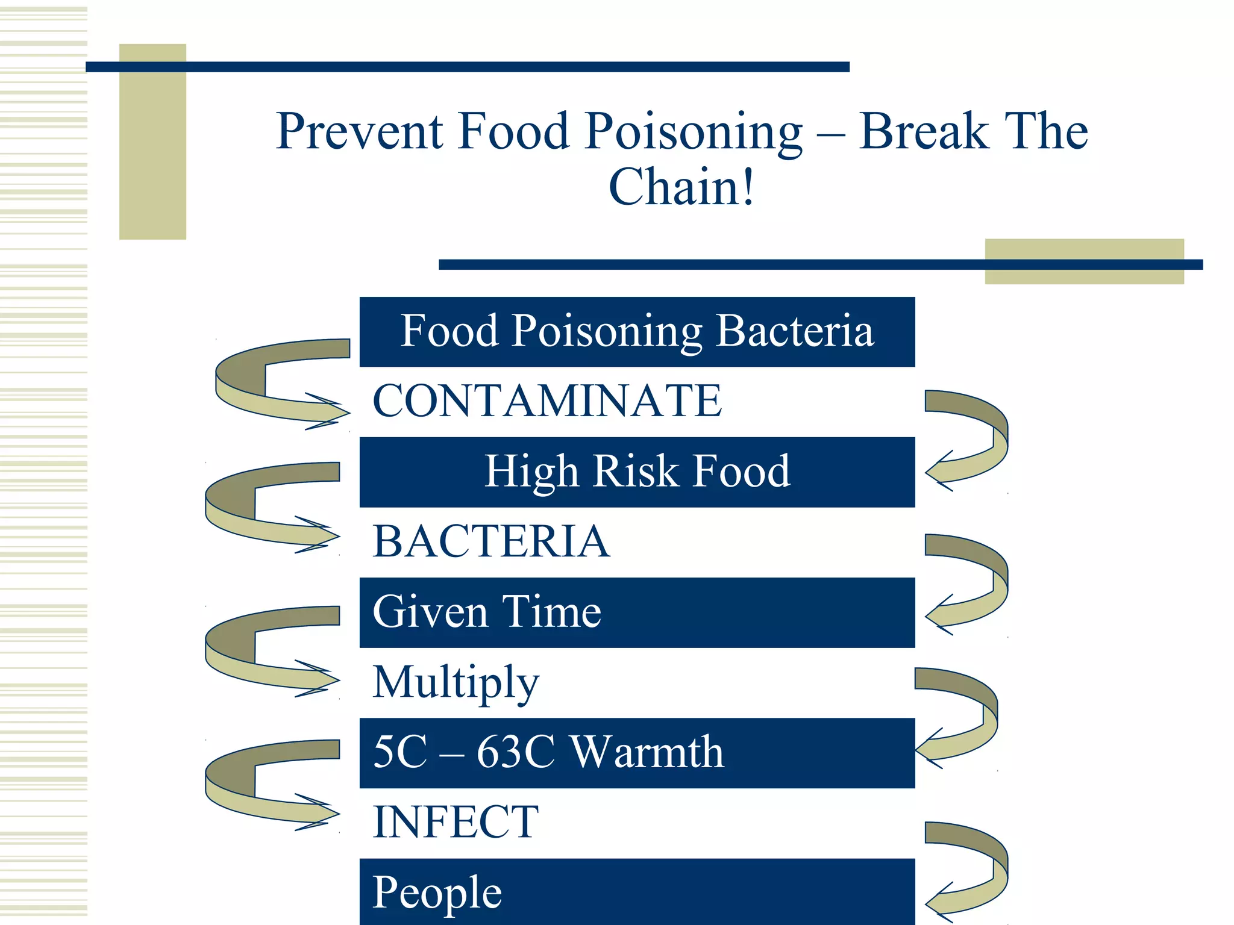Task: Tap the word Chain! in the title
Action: (x=681, y=187)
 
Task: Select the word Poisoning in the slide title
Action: (x=693, y=132)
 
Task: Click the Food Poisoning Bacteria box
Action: (x=637, y=332)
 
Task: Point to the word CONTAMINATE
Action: (x=547, y=401)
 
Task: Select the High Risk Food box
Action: (x=637, y=472)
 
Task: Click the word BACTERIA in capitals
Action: (x=491, y=541)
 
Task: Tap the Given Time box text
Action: (x=487, y=612)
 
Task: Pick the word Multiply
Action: (x=456, y=682)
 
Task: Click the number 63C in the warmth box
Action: (x=515, y=752)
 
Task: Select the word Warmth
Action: (x=647, y=752)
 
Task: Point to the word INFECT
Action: (x=456, y=822)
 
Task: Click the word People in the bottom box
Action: (x=437, y=892)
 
